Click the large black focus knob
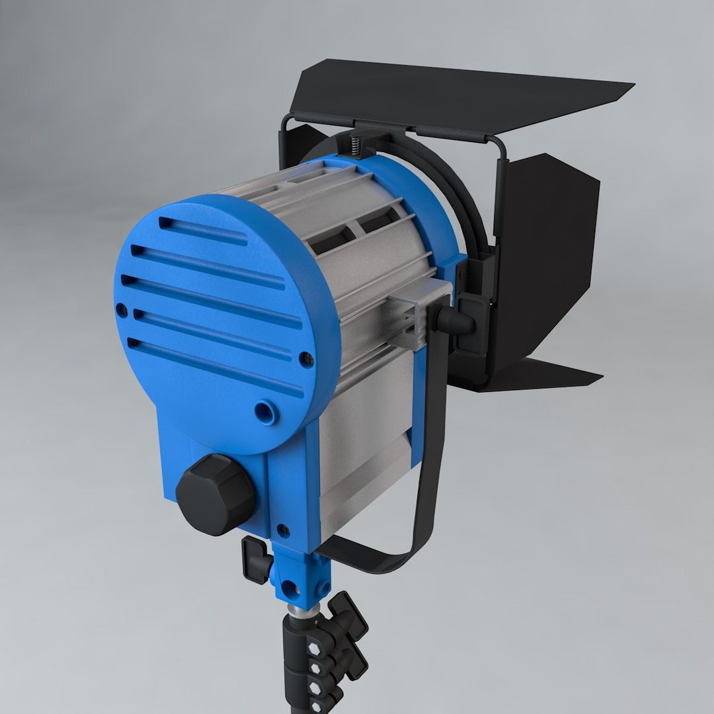pyautogui.click(x=215, y=494)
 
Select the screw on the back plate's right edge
pyautogui.click(x=306, y=360)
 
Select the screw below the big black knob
pyautogui.click(x=283, y=530)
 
